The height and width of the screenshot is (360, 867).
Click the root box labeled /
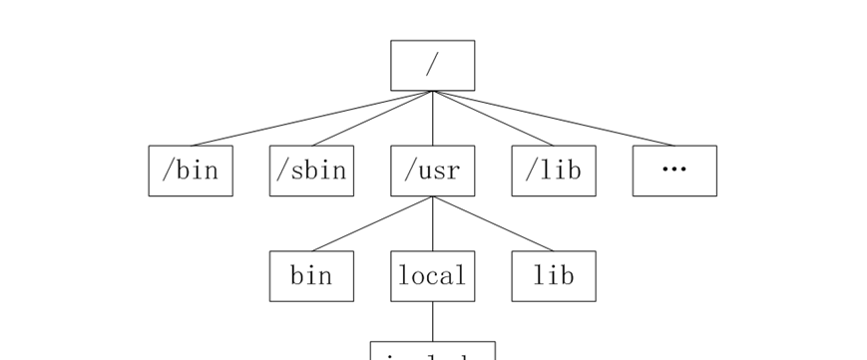432,65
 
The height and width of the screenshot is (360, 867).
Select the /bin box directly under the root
191,171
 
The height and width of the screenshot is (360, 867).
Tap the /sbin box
311,171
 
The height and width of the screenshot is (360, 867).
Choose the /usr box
432,171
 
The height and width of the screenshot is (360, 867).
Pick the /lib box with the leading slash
554,171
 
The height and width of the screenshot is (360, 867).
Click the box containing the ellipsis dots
674,171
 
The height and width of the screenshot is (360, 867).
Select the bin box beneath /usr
311,276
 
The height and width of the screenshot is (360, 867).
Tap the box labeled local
432,276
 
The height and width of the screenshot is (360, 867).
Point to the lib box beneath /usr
554,276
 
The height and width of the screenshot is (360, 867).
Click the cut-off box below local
432,351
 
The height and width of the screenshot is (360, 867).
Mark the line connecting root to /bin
311,119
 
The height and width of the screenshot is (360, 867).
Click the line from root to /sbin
372,119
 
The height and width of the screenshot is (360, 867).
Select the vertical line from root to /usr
432,120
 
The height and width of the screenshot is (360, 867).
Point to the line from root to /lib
493,119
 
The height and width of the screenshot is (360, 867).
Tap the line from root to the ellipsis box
554,119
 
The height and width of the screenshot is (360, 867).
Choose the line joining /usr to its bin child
372,223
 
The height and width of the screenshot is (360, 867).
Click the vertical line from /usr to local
432,224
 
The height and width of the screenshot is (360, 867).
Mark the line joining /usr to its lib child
493,223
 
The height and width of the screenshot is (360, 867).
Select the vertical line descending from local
432,321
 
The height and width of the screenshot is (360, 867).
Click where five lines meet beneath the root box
432,91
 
